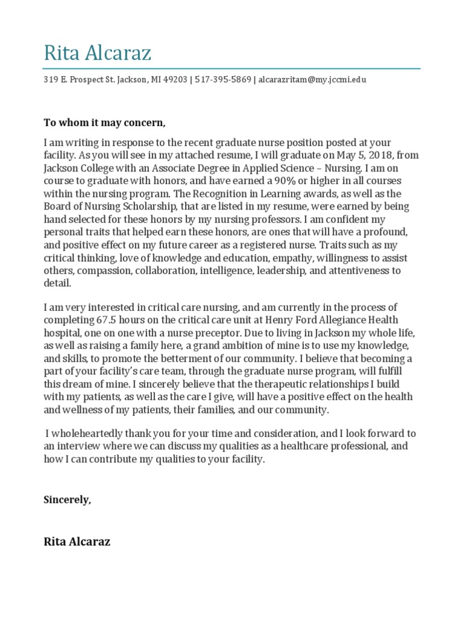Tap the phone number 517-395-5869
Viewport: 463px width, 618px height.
click(x=223, y=79)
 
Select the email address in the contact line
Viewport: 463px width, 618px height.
click(x=312, y=79)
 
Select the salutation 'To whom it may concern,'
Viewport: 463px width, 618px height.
click(x=104, y=123)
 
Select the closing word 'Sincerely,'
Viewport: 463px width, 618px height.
click(x=68, y=499)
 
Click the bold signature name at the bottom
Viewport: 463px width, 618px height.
click(x=77, y=541)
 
